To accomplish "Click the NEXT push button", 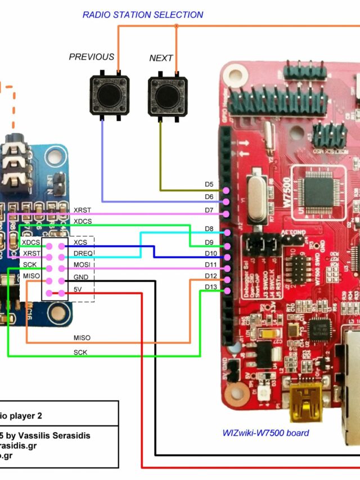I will pyautogui.click(x=168, y=96).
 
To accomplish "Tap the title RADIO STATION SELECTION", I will pyautogui.click(x=142, y=15).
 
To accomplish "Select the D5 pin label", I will pyautogui.click(x=209, y=184).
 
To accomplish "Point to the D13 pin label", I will pyautogui.click(x=210, y=287).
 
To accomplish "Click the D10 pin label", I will pyautogui.click(x=210, y=253).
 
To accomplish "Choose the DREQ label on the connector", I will pyautogui.click(x=83, y=253).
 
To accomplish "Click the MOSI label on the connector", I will pyautogui.click(x=83, y=264).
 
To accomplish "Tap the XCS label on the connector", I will pyautogui.click(x=80, y=242).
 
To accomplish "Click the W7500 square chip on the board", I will pyautogui.click(x=318, y=191).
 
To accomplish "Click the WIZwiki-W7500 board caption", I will pyautogui.click(x=265, y=433).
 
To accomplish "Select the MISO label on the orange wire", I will pyautogui.click(x=82, y=338).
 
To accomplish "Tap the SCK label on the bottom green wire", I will pyautogui.click(x=80, y=352).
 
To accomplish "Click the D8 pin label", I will pyautogui.click(x=209, y=228).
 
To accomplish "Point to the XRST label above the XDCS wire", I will pyautogui.click(x=82, y=209).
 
